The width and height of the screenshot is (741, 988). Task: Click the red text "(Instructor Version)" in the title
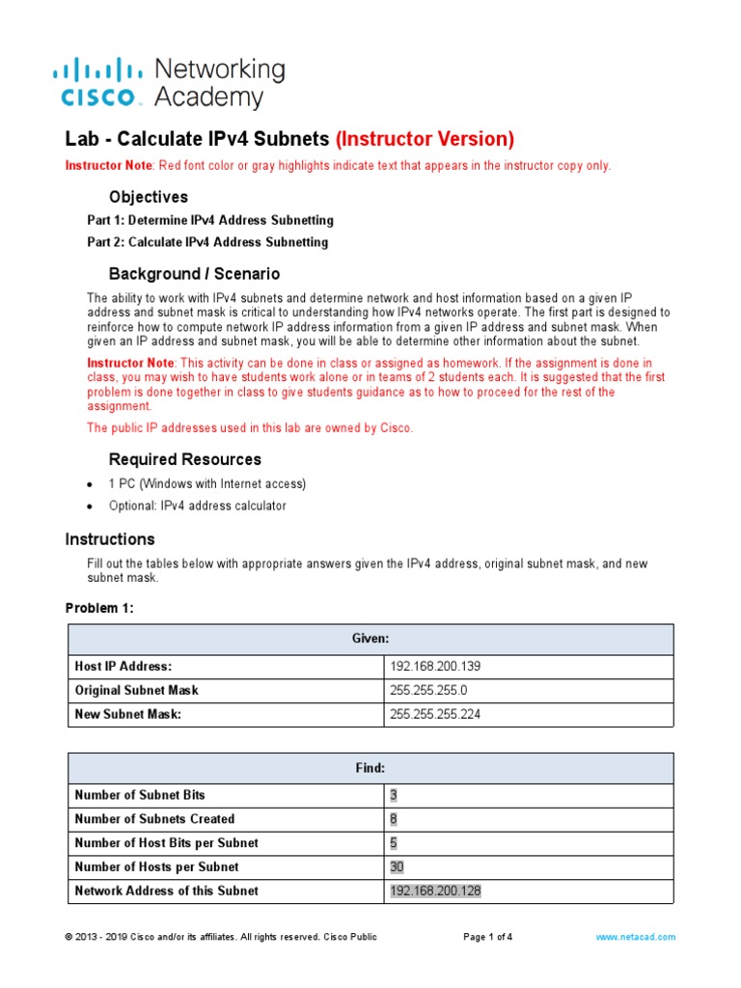pos(425,139)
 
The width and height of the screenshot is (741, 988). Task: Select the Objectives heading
pos(148,197)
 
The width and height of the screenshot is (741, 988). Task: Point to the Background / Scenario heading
pos(194,274)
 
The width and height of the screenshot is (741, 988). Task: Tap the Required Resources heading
pos(184,459)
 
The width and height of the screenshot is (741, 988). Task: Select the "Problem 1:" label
pos(100,608)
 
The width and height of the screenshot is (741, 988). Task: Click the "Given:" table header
pos(370,639)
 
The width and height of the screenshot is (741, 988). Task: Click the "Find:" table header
pos(370,768)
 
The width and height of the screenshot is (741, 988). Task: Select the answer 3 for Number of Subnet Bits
pos(394,795)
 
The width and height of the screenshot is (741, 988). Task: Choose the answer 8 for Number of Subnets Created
pos(394,819)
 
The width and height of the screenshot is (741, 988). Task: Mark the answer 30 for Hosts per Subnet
pos(397,867)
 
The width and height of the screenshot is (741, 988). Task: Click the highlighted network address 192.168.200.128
pos(435,892)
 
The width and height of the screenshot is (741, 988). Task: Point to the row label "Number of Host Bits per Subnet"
pos(166,843)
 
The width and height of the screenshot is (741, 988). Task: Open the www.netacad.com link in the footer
pos(635,937)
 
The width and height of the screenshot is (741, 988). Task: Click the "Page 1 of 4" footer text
pos(488,937)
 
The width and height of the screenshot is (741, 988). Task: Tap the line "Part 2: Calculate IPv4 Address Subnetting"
pos(207,242)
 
